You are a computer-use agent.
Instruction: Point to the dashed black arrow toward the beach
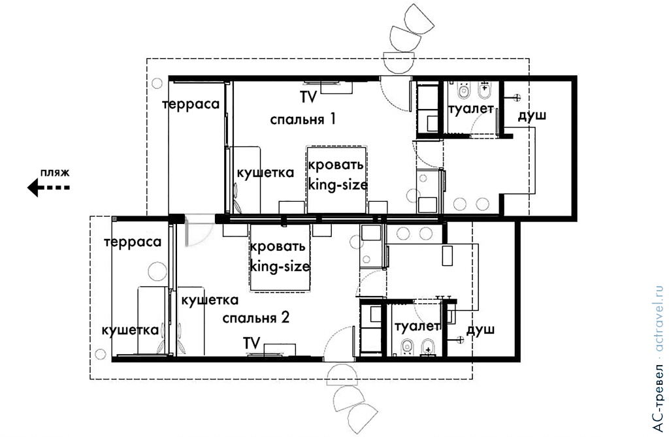point(48,188)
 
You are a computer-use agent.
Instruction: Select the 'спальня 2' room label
point(255,318)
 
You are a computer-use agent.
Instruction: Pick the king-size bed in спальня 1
point(337,179)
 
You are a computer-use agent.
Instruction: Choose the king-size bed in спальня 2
point(279,257)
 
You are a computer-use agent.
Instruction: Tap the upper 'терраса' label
point(190,105)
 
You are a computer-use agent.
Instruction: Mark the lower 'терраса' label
point(136,242)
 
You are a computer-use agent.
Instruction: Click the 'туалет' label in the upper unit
point(470,109)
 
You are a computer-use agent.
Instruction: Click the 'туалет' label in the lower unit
point(417,326)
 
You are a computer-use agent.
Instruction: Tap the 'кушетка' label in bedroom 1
point(265,172)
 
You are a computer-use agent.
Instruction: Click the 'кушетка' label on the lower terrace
point(130,330)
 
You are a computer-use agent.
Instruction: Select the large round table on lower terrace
point(158,271)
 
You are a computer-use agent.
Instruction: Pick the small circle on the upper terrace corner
point(157,83)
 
